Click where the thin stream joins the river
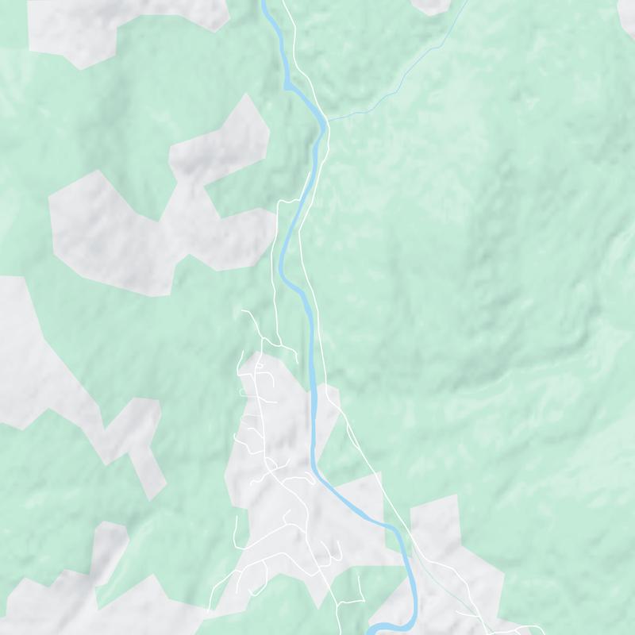326,121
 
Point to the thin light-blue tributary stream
397,79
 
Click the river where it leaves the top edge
264,3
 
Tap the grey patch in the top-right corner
627,16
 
